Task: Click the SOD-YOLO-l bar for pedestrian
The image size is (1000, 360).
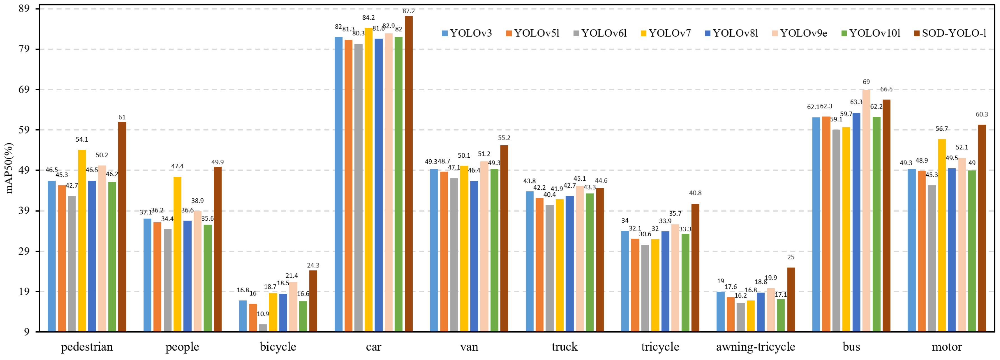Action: pyautogui.click(x=122, y=227)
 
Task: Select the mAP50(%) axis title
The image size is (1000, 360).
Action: pyautogui.click(x=9, y=168)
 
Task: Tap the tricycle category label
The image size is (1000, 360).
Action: pyautogui.click(x=660, y=347)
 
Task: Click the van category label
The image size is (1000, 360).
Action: pyautogui.click(x=469, y=347)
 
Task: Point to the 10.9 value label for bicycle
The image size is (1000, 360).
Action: pyautogui.click(x=263, y=314)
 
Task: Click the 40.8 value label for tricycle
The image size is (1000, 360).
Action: pyautogui.click(x=695, y=193)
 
